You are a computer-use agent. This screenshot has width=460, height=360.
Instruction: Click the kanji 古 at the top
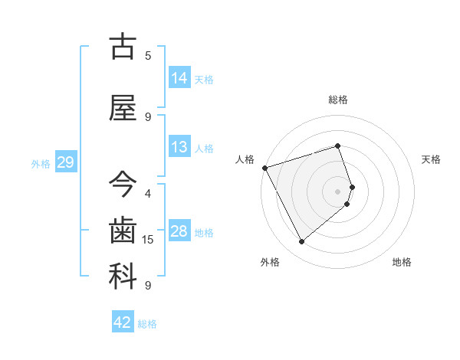pyautogui.click(x=123, y=47)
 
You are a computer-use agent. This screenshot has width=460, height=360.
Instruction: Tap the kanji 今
pyautogui.click(x=123, y=185)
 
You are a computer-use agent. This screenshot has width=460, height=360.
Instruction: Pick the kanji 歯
pyautogui.click(x=123, y=230)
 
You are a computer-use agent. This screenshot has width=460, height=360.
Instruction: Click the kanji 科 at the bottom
pyautogui.click(x=123, y=276)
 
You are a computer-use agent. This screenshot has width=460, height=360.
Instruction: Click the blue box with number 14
pyautogui.click(x=179, y=78)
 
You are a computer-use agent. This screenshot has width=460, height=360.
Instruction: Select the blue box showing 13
pyautogui.click(x=179, y=147)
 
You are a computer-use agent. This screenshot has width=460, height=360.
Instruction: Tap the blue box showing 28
pyautogui.click(x=179, y=231)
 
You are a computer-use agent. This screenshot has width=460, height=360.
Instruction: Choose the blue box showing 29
pyautogui.click(x=65, y=162)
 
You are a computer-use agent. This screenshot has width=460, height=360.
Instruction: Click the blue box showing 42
pyautogui.click(x=123, y=322)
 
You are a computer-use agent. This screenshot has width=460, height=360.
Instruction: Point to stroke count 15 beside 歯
pyautogui.click(x=149, y=240)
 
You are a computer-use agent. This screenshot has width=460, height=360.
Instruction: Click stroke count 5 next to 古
pyautogui.click(x=148, y=55)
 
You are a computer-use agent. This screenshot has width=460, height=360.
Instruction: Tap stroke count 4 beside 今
pyautogui.click(x=148, y=193)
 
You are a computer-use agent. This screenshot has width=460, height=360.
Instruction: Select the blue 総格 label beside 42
pyautogui.click(x=147, y=324)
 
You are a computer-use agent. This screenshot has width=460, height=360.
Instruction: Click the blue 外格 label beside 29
pyautogui.click(x=41, y=163)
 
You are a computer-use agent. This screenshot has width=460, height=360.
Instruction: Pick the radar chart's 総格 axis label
pyautogui.click(x=338, y=100)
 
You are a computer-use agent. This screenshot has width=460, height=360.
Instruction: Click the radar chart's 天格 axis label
pyautogui.click(x=431, y=159)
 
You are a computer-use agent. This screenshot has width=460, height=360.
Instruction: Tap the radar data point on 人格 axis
pyautogui.click(x=264, y=167)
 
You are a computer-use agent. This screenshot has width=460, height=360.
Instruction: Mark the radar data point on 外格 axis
pyautogui.click(x=301, y=242)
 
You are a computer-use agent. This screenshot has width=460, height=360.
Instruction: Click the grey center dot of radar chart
pyautogui.click(x=338, y=191)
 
